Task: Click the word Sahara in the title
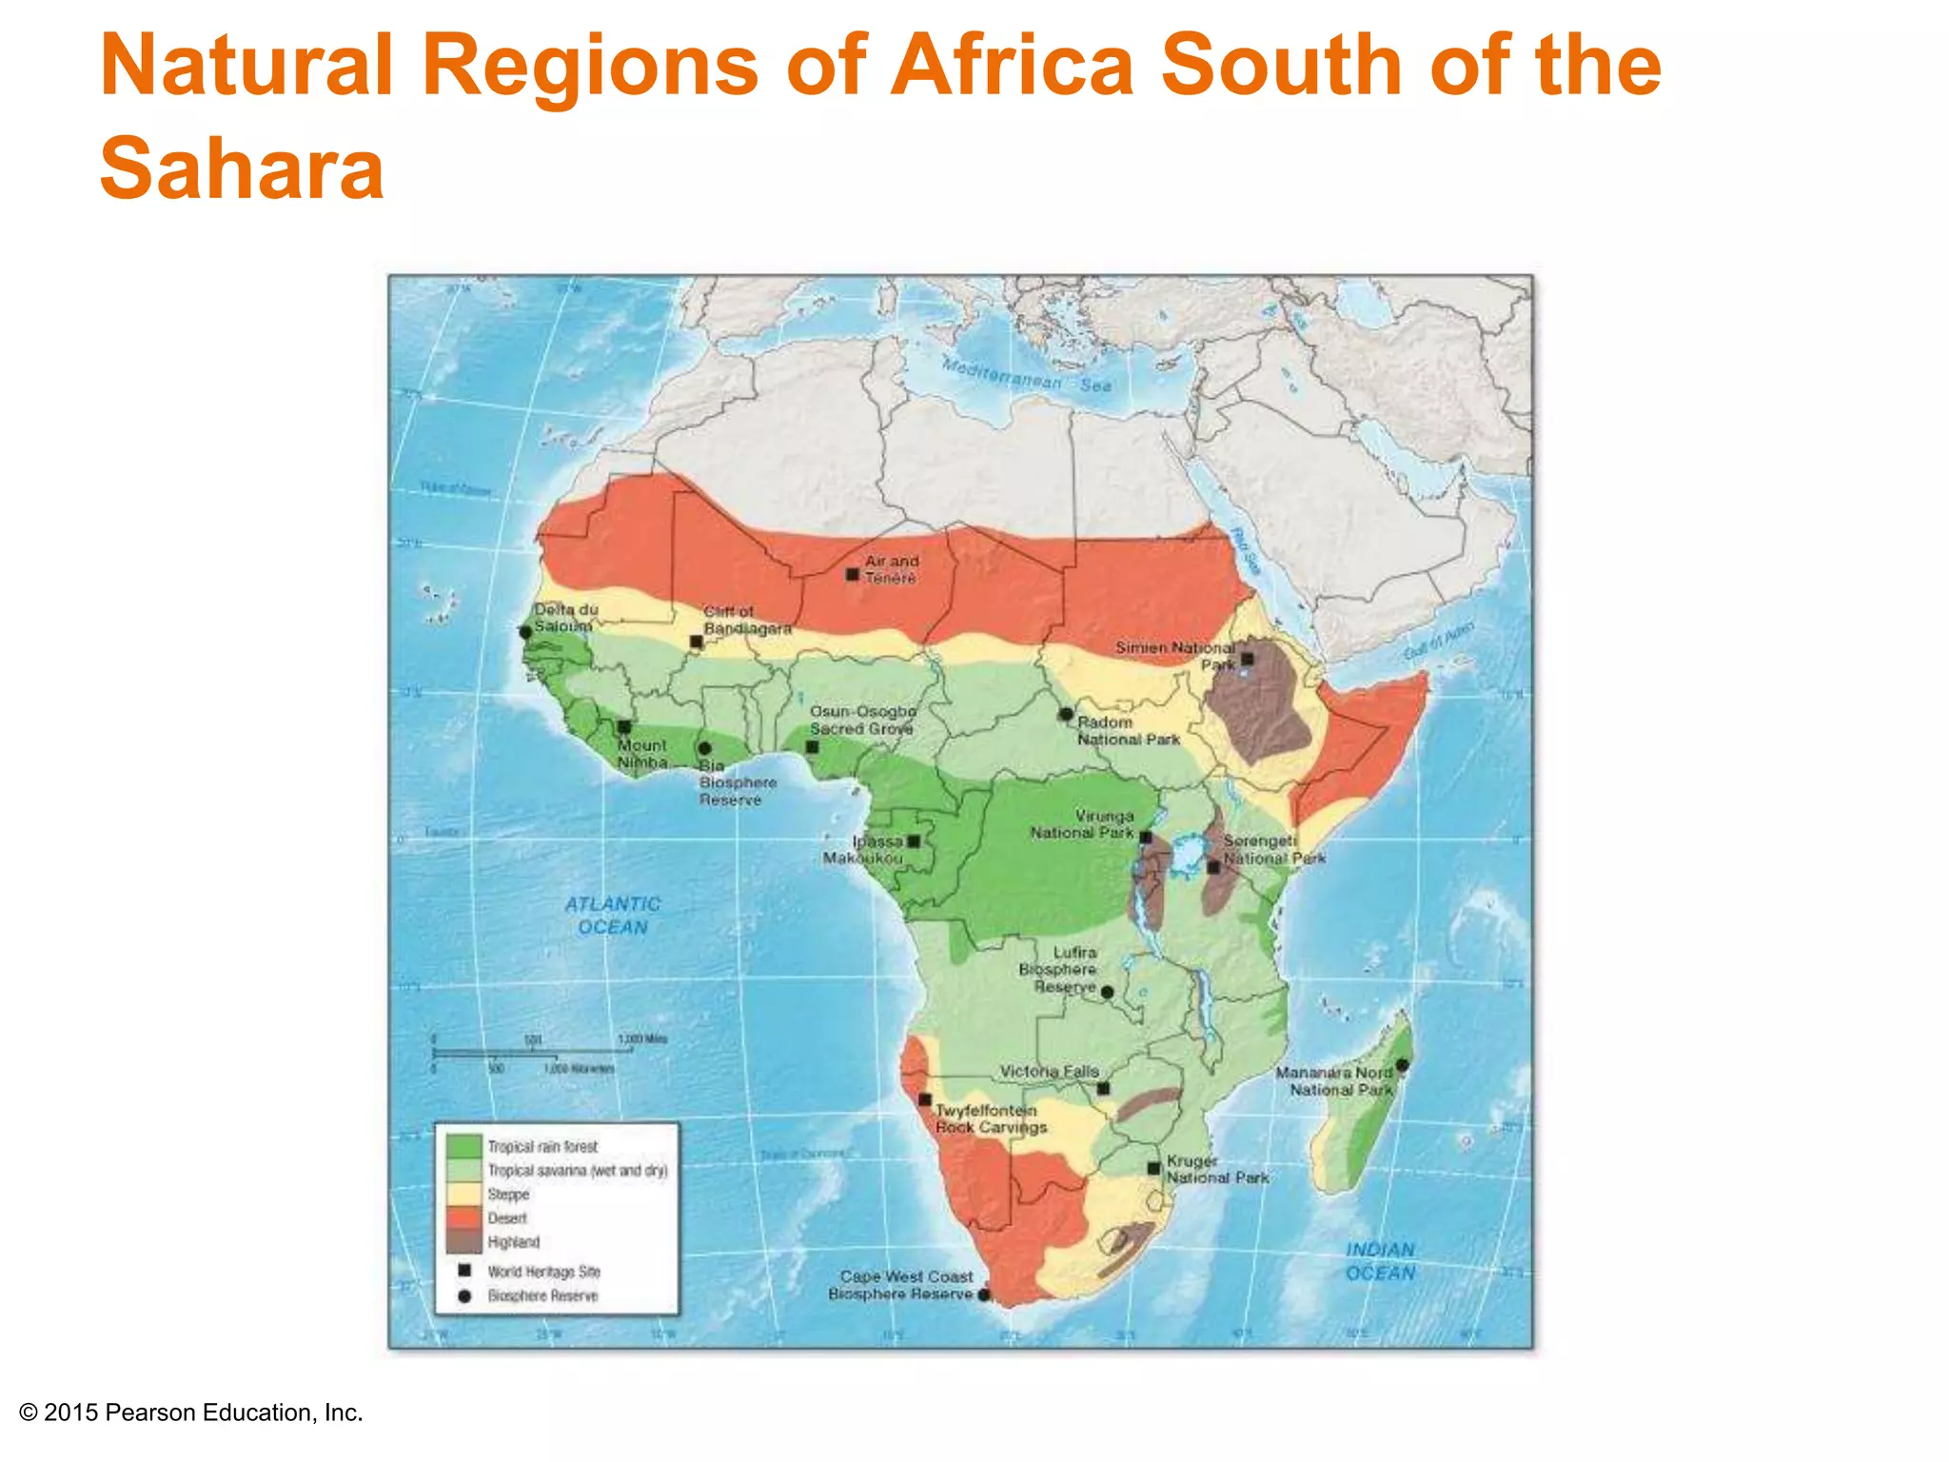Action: point(242,168)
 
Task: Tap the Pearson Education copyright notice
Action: point(191,1413)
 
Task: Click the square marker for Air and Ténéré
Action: point(853,574)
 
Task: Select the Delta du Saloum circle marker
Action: point(525,632)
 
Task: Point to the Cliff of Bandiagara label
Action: point(747,620)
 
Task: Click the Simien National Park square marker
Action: point(1247,659)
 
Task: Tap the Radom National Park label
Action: point(1128,731)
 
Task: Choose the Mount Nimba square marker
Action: point(624,726)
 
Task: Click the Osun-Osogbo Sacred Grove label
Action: point(862,720)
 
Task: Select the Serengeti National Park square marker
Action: point(1213,867)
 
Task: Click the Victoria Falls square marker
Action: point(1103,1088)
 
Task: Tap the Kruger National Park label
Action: point(1217,1170)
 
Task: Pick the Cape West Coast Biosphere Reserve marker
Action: point(984,1294)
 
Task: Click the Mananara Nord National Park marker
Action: point(1402,1065)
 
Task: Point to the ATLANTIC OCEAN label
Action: point(613,916)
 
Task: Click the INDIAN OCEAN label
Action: point(1381,1261)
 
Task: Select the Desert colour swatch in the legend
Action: point(464,1218)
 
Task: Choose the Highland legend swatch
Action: point(464,1242)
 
